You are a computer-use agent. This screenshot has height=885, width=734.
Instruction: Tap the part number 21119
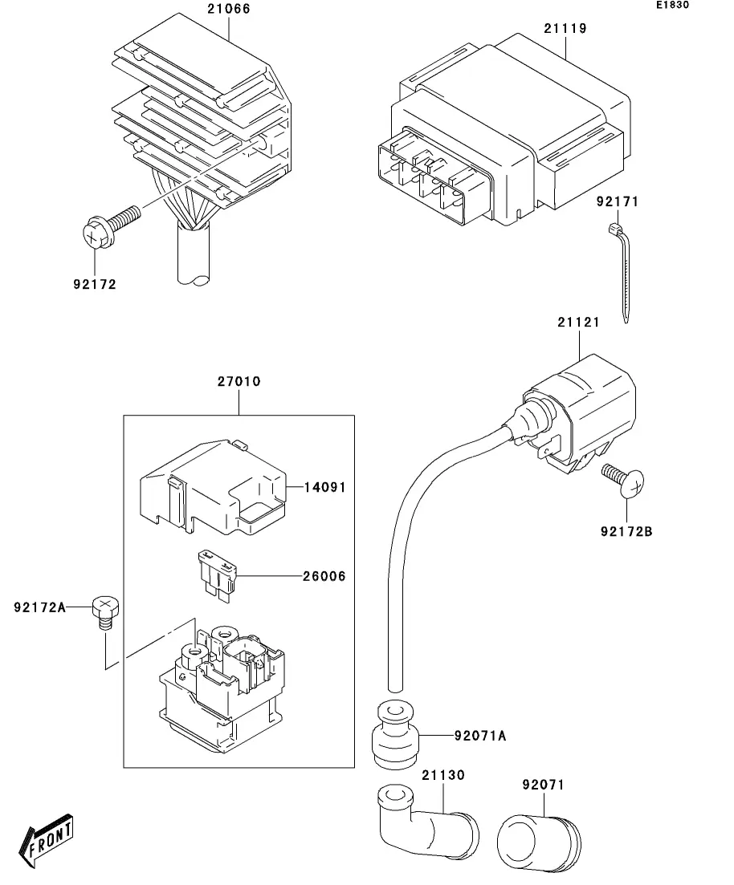(565, 28)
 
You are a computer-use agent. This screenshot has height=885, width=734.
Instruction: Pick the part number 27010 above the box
(239, 382)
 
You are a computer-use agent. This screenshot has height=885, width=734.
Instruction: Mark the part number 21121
(578, 322)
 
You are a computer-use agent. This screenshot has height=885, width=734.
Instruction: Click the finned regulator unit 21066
(201, 120)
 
